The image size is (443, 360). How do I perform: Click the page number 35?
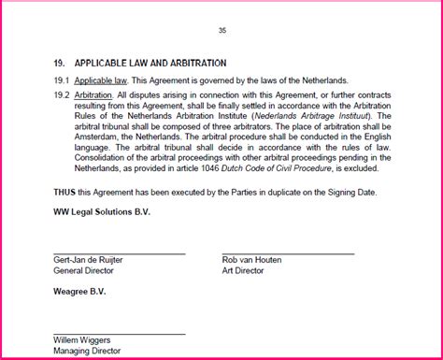click(222, 31)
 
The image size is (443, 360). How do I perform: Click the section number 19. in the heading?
click(59, 64)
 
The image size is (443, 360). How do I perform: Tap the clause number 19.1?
click(61, 82)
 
